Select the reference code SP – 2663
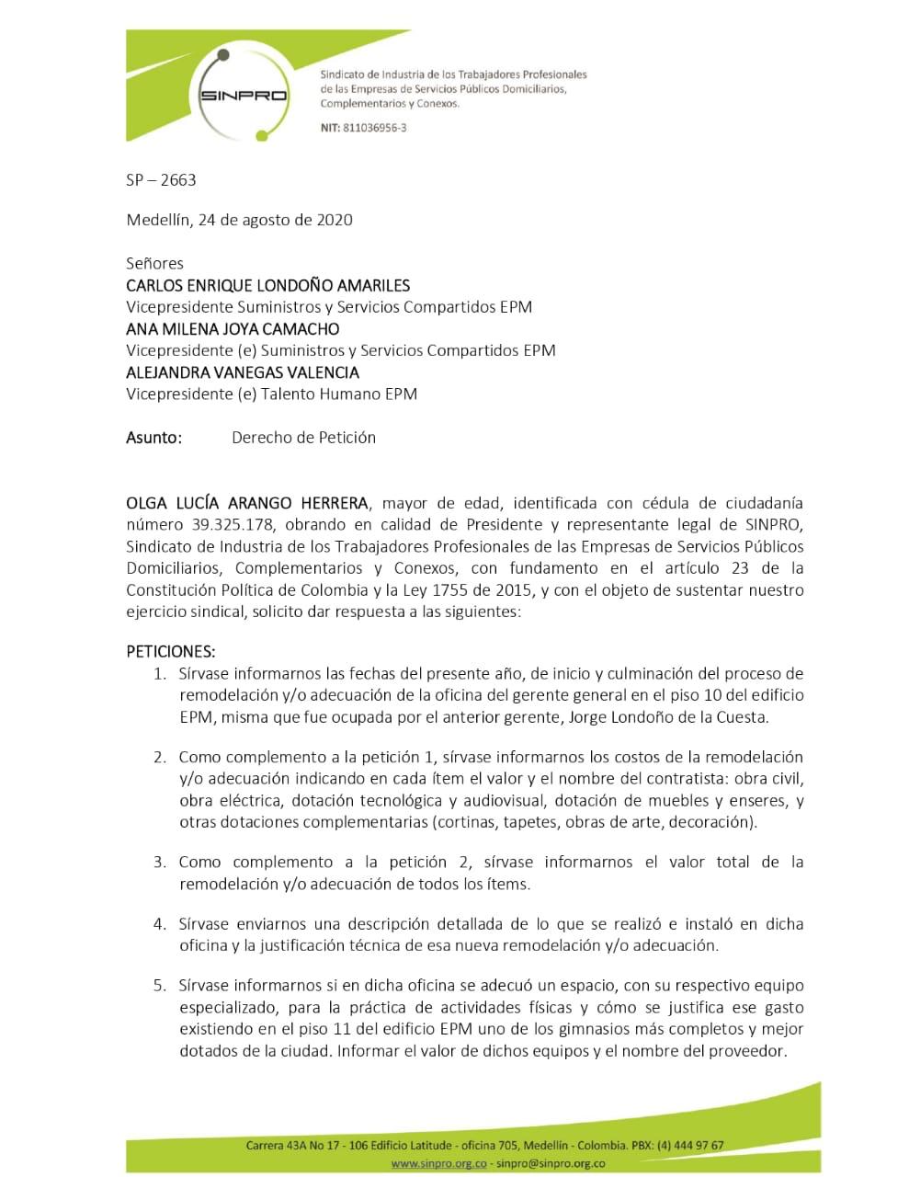coord(161,180)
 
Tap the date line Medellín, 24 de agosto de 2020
coord(239,220)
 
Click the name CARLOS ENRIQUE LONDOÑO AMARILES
coord(267,285)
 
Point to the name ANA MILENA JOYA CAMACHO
coord(233,328)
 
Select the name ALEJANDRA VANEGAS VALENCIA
coord(243,372)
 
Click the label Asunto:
coord(153,438)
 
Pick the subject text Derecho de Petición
coord(303,438)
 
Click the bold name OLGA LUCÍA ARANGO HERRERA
coord(247,503)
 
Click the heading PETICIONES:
coord(170,652)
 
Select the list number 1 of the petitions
coord(160,674)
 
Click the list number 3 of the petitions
coord(160,863)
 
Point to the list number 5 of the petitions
coord(160,986)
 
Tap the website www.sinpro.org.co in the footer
coord(437,1163)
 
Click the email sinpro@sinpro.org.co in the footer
coord(551,1163)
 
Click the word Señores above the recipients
coord(154,264)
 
